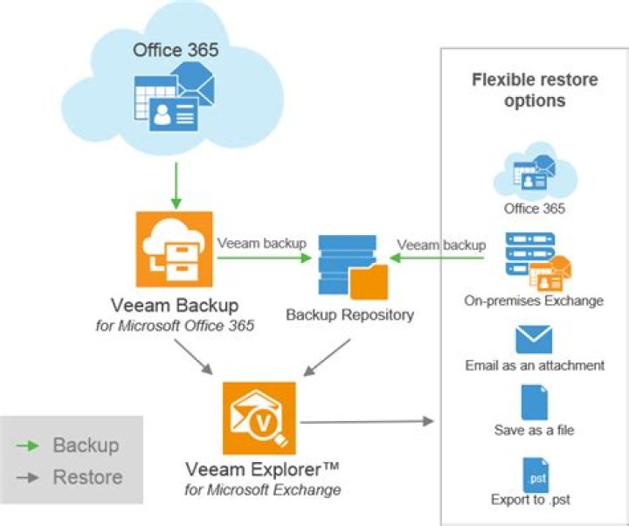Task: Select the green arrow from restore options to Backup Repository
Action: coord(437,258)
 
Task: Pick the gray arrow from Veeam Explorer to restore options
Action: coord(367,422)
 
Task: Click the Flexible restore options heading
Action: coord(535,90)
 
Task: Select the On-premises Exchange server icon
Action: coord(534,261)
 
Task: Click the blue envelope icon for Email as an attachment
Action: coord(535,338)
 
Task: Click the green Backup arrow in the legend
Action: coord(28,446)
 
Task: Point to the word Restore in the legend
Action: coord(87,477)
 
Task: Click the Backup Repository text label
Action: coord(350,315)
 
